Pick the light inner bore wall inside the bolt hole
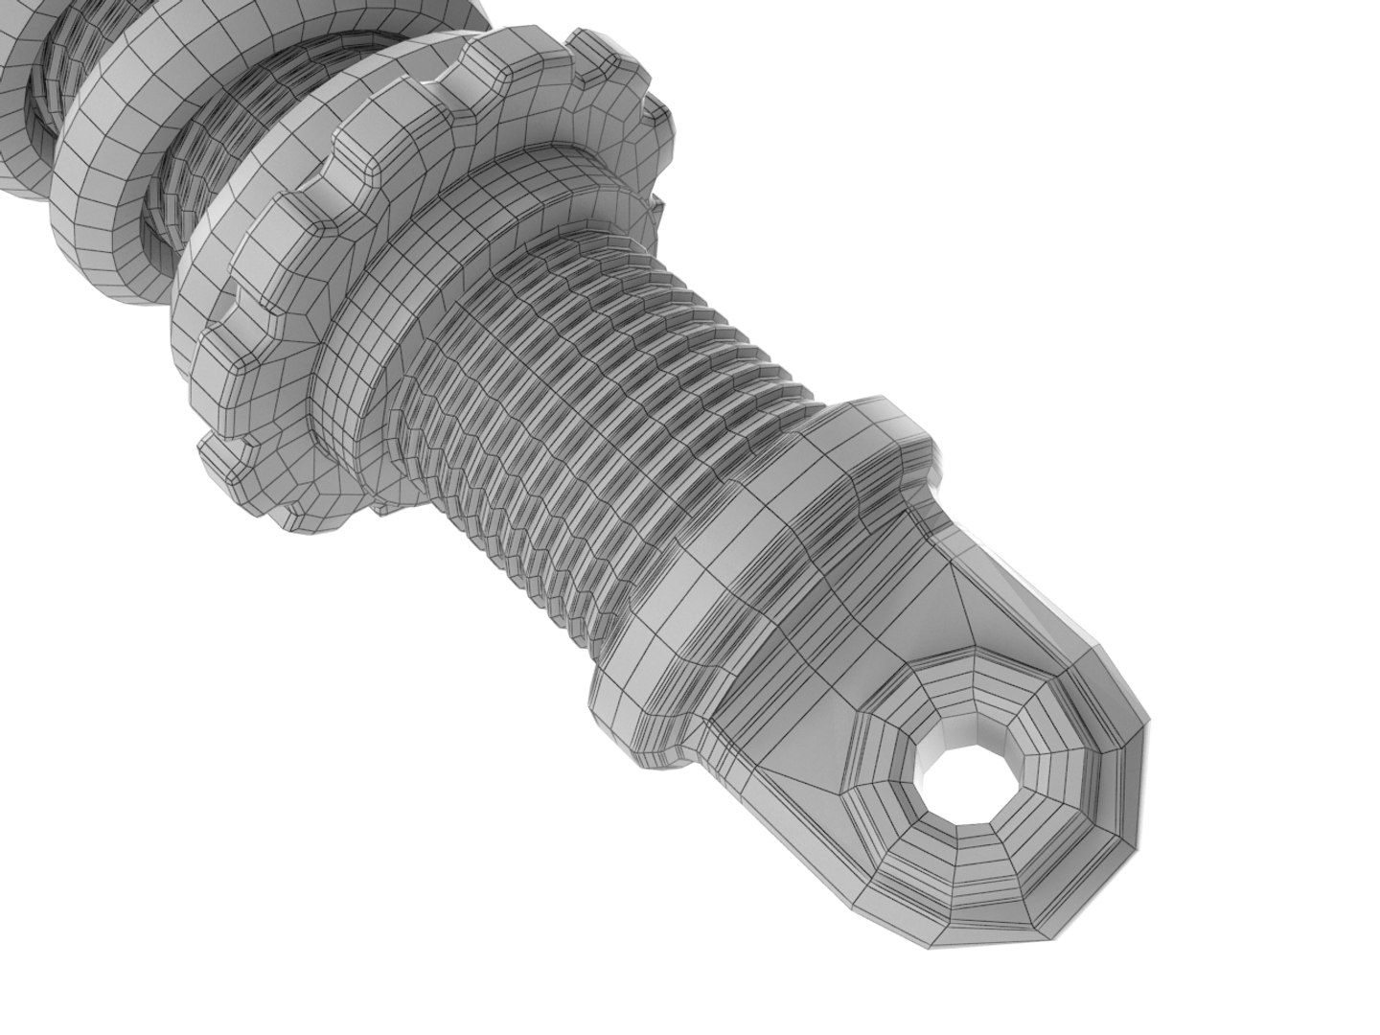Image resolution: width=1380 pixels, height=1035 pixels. point(944,757)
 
